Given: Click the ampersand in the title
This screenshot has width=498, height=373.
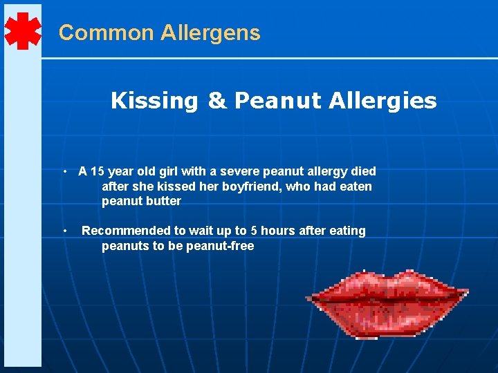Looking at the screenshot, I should click(216, 101).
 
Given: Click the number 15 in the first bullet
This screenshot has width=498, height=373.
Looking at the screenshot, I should click(97, 171).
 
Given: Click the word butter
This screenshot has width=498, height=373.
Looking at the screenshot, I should click(163, 202).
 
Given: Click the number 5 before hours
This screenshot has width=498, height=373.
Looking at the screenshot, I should click(254, 231).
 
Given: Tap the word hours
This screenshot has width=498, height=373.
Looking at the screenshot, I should click(277, 231).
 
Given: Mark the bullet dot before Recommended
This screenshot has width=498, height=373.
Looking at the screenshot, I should click(64, 231).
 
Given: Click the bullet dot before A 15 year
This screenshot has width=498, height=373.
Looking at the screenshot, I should click(64, 171).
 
